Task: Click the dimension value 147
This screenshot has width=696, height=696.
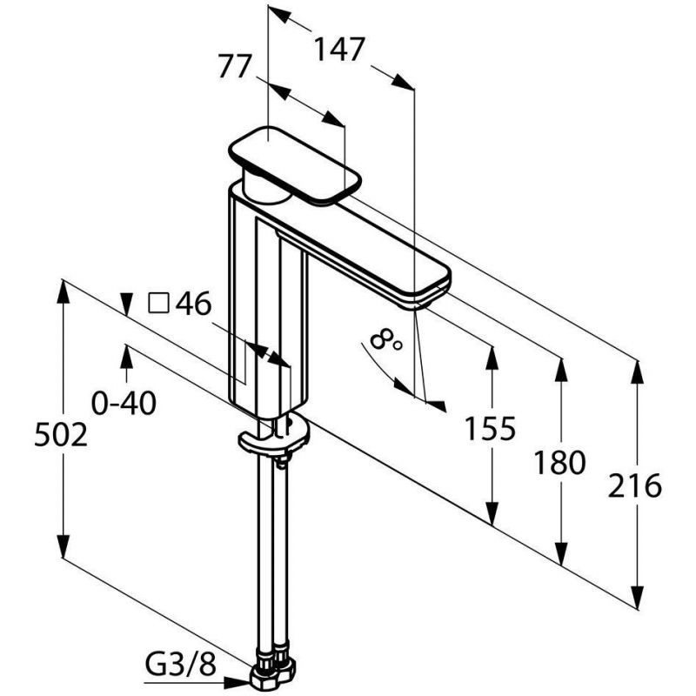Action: click(339, 49)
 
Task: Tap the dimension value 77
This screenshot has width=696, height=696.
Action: click(235, 67)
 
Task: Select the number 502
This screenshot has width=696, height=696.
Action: click(61, 435)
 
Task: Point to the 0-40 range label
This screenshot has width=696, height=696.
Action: click(124, 403)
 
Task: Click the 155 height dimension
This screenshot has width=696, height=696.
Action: click(490, 429)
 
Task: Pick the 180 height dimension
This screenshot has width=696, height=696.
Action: click(559, 463)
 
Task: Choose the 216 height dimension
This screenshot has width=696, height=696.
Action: click(635, 485)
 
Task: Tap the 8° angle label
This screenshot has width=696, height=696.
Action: click(385, 340)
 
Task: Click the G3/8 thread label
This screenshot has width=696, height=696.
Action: click(181, 665)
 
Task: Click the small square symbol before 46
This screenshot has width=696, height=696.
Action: click(158, 303)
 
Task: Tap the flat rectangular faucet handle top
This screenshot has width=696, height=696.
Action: click(295, 166)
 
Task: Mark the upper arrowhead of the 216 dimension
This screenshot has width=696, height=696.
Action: click(638, 372)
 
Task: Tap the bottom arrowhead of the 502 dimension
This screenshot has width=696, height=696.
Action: click(64, 545)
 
